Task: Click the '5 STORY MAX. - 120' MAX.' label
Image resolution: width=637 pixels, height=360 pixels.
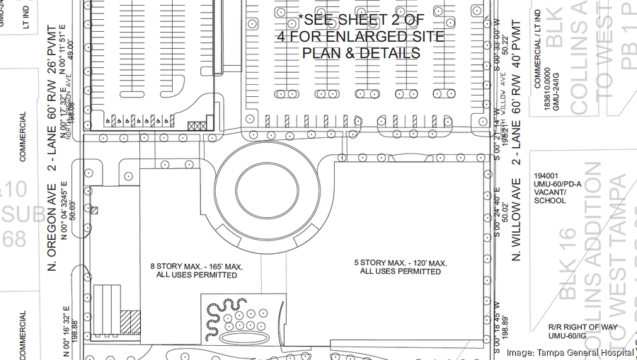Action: point(401,263)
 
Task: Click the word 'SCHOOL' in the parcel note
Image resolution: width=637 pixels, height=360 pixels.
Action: point(551,201)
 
